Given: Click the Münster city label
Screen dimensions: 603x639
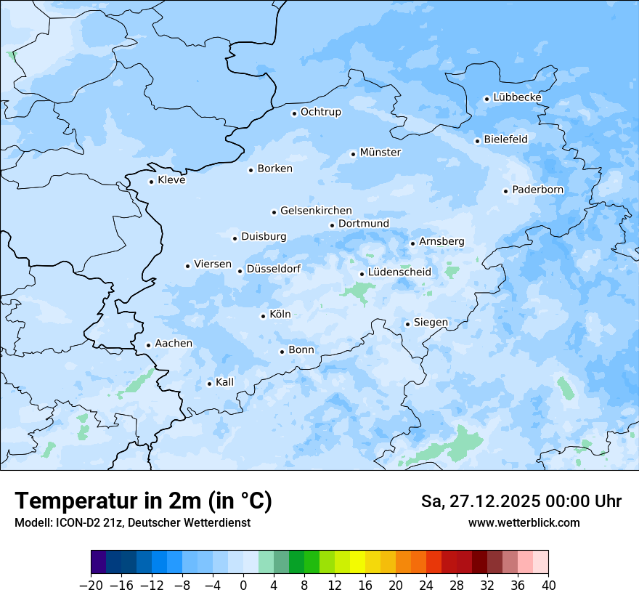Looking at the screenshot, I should click(x=380, y=153).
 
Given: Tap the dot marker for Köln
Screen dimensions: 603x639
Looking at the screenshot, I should click(x=263, y=316).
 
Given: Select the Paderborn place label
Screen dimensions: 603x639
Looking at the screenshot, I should click(x=537, y=190).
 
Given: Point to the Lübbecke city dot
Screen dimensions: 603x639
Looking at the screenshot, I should click(x=487, y=99).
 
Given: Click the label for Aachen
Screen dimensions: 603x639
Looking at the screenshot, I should click(x=174, y=344).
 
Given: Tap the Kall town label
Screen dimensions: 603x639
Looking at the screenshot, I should click(x=225, y=382).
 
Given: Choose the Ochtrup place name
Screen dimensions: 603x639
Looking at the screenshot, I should click(x=320, y=112).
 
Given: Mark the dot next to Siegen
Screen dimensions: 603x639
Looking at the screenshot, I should click(x=407, y=324).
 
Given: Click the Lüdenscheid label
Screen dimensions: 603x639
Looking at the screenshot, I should click(x=399, y=272).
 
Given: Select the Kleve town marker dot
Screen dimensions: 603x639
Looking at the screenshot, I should click(x=151, y=182).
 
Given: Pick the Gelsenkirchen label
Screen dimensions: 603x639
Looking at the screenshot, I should click(x=316, y=211).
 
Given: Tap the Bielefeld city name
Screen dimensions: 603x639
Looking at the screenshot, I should click(x=505, y=139).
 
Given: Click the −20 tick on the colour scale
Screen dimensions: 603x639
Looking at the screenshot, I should click(x=91, y=585).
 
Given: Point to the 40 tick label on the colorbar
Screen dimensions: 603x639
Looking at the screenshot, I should click(x=548, y=585).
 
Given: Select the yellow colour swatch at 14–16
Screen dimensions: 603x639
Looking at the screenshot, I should click(x=357, y=563).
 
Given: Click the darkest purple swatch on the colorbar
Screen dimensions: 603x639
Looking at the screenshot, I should click(x=99, y=563).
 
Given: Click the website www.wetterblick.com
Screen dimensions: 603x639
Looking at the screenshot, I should click(x=524, y=523).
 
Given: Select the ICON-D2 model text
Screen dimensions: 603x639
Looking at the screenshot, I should click(x=87, y=523).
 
